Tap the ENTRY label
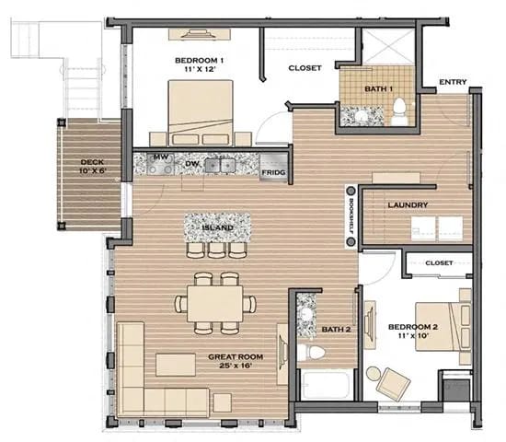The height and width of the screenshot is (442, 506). tap(453, 82)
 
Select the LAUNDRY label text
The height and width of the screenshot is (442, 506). tap(405, 204)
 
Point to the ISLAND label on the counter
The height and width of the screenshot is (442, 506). tap(218, 227)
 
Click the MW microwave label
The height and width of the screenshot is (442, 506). tap(161, 158)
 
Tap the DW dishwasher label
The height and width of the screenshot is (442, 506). tap(192, 164)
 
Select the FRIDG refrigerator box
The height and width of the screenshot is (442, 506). tap(271, 171)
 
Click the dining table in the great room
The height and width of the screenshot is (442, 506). tap(217, 302)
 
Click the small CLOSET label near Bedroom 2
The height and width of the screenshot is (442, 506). tap(439, 263)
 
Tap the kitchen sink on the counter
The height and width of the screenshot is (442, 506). tap(219, 165)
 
